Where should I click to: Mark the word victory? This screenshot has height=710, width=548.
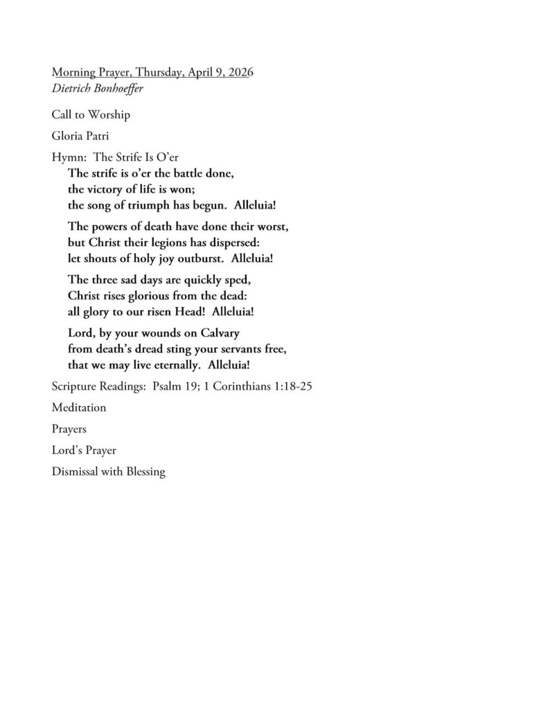pyautogui.click(x=108, y=189)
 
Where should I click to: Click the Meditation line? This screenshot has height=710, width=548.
pyautogui.click(x=79, y=408)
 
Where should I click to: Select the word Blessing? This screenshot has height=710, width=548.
pyautogui.click(x=143, y=472)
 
